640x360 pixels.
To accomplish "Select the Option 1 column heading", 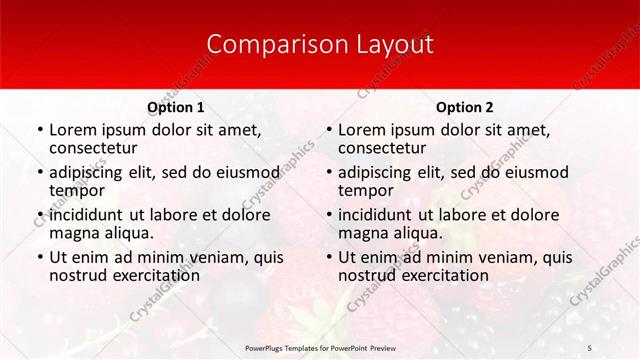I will tap(175, 107).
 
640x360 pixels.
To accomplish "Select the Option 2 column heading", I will tap(464, 107).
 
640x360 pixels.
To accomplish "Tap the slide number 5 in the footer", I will tap(589, 346).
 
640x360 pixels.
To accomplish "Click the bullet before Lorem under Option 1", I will tap(39, 130).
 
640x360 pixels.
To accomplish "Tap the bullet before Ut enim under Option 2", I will tap(328, 258).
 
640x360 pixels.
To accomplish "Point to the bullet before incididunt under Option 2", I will tap(328, 216).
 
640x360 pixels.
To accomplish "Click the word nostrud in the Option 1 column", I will tap(77, 275).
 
